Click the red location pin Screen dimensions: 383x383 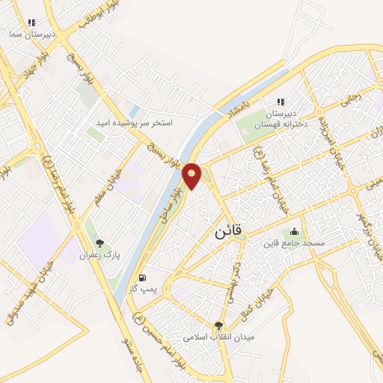pos(192,176)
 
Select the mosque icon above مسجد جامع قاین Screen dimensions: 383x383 pos(293,231)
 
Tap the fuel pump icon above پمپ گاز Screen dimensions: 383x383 pos(142,278)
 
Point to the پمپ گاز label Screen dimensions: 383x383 pos(142,289)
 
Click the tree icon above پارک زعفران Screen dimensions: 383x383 pos(99,244)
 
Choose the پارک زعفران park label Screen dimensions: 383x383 pos(99,255)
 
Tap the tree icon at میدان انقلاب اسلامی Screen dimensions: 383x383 pos(218,325)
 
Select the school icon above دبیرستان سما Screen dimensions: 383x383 pos(31,23)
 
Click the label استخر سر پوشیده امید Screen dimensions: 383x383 pos(135,122)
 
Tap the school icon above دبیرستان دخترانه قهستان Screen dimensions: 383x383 pos(281,102)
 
